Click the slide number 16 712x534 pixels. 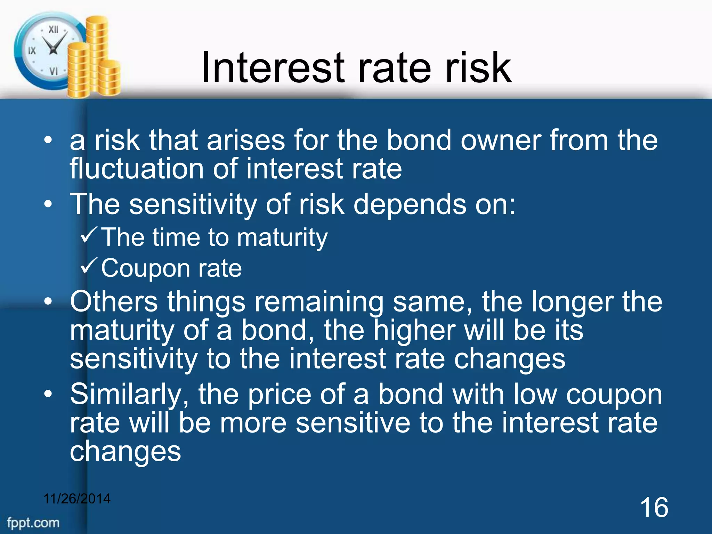pos(654,508)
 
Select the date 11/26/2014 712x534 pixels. pos(77,499)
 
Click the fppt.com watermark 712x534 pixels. pos(33,523)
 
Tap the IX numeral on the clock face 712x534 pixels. pos(32,51)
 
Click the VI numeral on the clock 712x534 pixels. pos(53,71)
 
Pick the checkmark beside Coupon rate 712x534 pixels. pos(90,267)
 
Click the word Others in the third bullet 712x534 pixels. pos(114,302)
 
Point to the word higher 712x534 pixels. pos(414,330)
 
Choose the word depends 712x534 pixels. pos(410,204)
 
